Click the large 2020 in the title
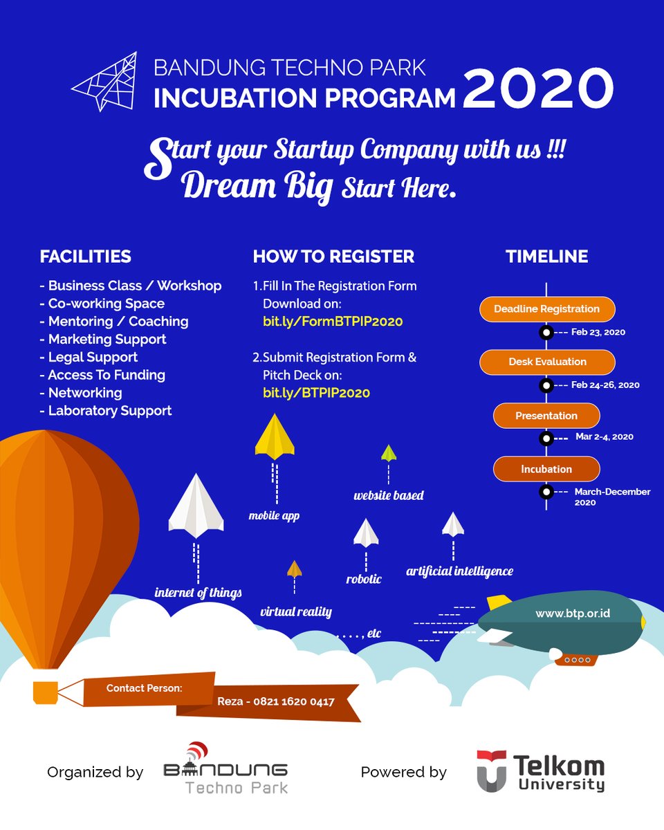coord(538,88)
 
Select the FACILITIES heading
coord(85,257)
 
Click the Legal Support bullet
coord(93,357)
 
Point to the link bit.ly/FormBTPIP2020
coord(332,322)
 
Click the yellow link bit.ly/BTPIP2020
coord(316,393)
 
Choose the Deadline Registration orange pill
coord(546,309)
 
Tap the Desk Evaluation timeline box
coord(546,362)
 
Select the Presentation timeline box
coord(546,416)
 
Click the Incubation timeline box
coord(546,469)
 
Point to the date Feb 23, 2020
coord(598,332)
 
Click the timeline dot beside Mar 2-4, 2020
coord(546,438)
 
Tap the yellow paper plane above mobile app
coord(275,436)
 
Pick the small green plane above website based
coord(389,453)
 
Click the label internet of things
coord(198,593)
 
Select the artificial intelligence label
coord(459,571)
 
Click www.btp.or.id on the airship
coord(573,614)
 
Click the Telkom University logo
coord(540,771)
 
